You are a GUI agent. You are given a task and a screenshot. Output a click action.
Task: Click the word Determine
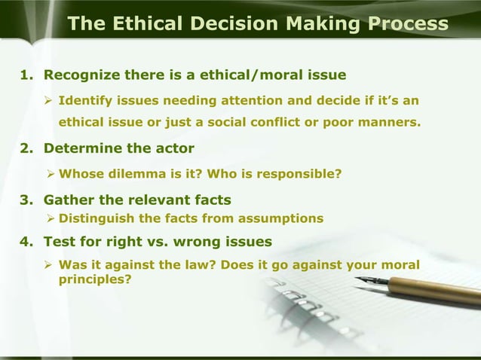click(84, 147)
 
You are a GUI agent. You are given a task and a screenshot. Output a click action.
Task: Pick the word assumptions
click(282, 218)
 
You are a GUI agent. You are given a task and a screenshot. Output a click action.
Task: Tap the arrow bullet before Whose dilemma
click(50, 175)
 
